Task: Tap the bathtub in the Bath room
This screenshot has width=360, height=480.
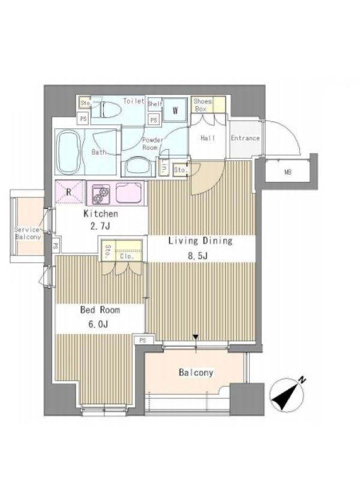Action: [x=69, y=152]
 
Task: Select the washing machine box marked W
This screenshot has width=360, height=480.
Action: [x=175, y=110]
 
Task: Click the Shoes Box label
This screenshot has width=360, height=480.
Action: [x=202, y=104]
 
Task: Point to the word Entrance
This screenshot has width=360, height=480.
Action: [x=245, y=138]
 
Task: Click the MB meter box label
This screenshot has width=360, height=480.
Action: [x=287, y=172]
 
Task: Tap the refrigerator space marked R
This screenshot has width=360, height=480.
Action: [x=70, y=192]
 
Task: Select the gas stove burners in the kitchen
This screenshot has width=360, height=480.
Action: [x=101, y=194]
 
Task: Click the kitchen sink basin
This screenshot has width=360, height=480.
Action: [x=128, y=193]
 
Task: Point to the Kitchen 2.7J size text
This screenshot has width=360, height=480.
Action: [x=101, y=220]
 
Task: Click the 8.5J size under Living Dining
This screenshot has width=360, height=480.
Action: [x=197, y=256]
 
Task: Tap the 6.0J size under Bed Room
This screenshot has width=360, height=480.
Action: [x=98, y=324]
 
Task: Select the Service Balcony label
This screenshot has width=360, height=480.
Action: [x=28, y=233]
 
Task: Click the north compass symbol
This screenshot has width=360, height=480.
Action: [x=287, y=395]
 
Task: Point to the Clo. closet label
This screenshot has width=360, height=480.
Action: [x=127, y=256]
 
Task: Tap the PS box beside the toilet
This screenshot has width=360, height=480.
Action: [x=83, y=118]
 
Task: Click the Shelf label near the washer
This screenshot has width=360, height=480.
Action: [x=155, y=104]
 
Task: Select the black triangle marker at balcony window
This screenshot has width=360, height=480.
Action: [x=196, y=337]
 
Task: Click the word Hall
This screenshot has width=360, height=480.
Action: [x=208, y=138]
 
